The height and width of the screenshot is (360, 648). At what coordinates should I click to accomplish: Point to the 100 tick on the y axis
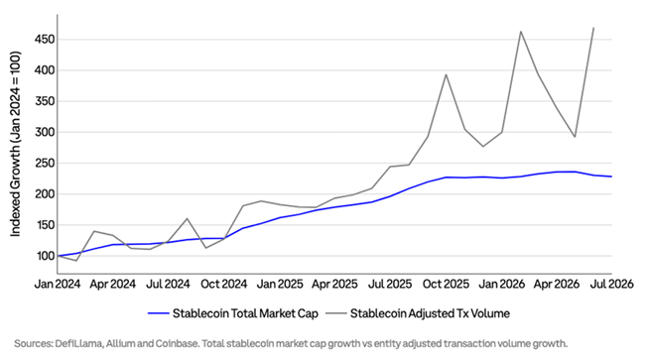point(45,256)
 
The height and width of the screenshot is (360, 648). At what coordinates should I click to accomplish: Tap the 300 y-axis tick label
point(44,133)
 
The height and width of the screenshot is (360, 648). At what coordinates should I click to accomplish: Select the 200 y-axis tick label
point(44,194)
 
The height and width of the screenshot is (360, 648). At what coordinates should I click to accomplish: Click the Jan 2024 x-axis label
point(58,284)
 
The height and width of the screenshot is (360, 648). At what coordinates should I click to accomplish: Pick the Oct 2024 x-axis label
point(224,284)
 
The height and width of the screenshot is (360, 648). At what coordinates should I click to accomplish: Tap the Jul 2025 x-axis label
point(390,284)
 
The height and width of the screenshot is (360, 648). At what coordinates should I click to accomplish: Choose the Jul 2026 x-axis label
point(611,284)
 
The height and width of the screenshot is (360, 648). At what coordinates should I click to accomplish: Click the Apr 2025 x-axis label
point(334,284)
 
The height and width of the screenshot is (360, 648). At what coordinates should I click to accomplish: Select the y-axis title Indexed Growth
point(15,144)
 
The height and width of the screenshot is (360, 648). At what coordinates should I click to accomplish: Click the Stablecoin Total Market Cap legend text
point(245,313)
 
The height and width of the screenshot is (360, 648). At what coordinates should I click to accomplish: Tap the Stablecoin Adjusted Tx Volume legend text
point(430,313)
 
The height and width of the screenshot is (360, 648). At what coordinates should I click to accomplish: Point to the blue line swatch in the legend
point(159,313)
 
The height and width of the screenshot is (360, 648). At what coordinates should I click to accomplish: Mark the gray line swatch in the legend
point(336,313)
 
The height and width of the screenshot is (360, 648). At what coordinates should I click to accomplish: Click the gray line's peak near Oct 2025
point(446,74)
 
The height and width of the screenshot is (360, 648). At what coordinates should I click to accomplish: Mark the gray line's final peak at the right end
point(593,28)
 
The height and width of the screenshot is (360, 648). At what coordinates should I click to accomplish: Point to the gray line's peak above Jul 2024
point(187,218)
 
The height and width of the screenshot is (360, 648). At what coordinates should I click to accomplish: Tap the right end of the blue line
point(611,177)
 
